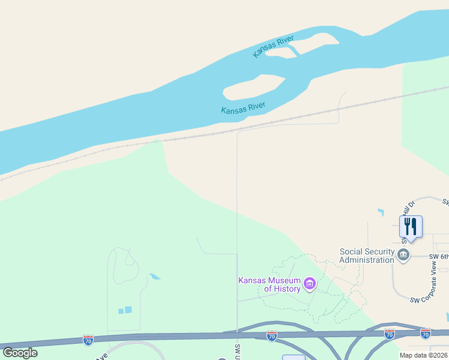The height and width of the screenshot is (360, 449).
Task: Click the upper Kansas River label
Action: (x=273, y=47)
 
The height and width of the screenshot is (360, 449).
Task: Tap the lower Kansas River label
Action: (x=243, y=108)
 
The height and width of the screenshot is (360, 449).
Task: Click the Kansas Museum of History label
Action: (x=269, y=284)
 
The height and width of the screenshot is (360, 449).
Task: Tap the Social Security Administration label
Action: (x=367, y=256)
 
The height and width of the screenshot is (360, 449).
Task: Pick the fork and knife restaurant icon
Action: (x=411, y=227)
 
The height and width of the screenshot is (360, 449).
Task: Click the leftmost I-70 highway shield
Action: (x=88, y=340)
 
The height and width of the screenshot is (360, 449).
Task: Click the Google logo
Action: (x=20, y=352)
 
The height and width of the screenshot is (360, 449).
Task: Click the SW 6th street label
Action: (x=439, y=256)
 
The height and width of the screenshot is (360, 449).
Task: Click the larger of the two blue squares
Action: (x=128, y=310)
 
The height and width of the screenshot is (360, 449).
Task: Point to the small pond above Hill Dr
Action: (x=381, y=212)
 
